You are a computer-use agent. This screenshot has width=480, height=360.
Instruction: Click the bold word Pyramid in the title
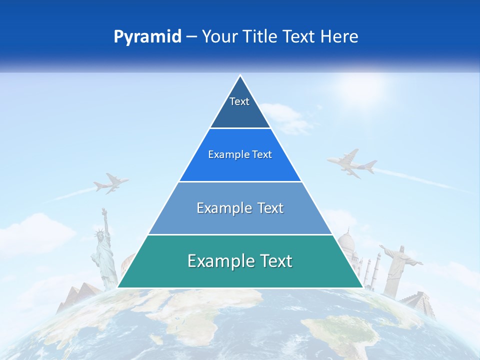147,37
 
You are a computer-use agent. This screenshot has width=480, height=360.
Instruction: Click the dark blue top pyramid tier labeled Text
240,107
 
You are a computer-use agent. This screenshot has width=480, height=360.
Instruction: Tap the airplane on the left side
111,183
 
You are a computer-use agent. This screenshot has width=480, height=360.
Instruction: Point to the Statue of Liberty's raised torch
103,210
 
